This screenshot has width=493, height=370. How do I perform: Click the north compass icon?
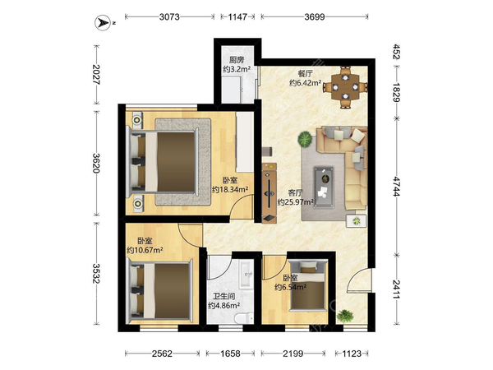point(103,23)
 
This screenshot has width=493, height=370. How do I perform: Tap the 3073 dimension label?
point(169,16)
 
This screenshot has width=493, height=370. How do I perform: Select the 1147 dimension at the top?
point(237,16)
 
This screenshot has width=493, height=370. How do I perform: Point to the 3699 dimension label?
point(315,16)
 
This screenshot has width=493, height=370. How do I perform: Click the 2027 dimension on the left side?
point(96,75)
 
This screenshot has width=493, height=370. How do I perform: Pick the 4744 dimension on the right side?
point(397,187)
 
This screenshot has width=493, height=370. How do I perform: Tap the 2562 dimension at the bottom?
point(162,354)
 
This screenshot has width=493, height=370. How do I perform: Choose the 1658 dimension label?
point(230,354)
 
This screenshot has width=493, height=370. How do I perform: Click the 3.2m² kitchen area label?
point(237,69)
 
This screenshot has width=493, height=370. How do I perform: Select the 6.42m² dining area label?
point(305,83)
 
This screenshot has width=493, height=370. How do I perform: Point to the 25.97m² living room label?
point(295,202)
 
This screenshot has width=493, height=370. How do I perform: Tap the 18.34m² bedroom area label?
point(230,189)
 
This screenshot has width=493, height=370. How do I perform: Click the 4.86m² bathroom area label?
point(224,305)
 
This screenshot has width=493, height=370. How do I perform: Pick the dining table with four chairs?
point(345,87)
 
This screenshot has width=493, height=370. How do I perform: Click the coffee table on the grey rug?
point(324,187)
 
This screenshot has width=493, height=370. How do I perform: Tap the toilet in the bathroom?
point(245,317)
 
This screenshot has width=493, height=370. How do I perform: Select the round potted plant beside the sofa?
point(305,139)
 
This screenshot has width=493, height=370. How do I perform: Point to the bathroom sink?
point(246,275)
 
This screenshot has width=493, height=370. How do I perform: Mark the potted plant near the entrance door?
point(345,316)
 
